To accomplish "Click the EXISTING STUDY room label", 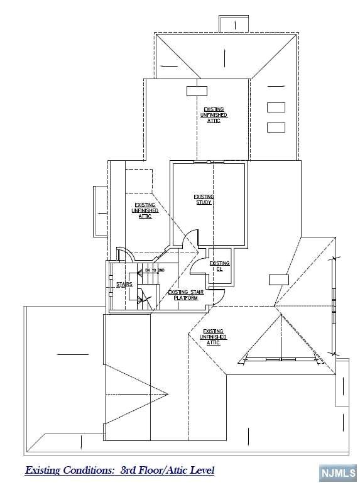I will tap(204, 200).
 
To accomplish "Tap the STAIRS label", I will tap(124, 285).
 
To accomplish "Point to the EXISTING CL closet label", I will tap(219, 266).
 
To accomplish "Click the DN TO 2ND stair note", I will tap(155, 270).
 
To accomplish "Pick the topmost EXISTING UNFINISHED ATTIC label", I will tap(214, 115).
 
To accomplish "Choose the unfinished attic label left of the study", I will tap(145, 210).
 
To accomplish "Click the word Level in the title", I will tap(202, 470).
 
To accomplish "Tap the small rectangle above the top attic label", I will tap(197, 90).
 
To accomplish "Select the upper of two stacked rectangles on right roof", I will tap(276, 107).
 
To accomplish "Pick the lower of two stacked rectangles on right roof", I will tap(276, 128).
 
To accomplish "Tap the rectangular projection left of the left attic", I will tap(101, 211).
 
